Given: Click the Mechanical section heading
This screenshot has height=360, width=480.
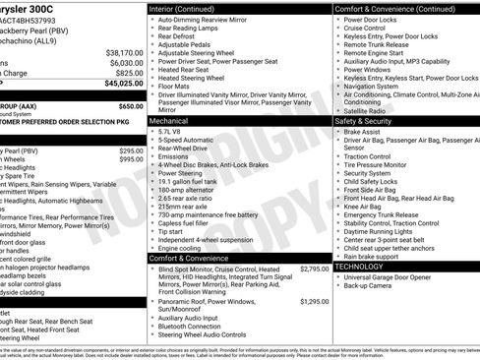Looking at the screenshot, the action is (175, 121).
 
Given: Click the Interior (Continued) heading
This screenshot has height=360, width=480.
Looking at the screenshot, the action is (189, 8).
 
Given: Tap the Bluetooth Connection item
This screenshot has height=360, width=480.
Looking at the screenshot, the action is (197, 326).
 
